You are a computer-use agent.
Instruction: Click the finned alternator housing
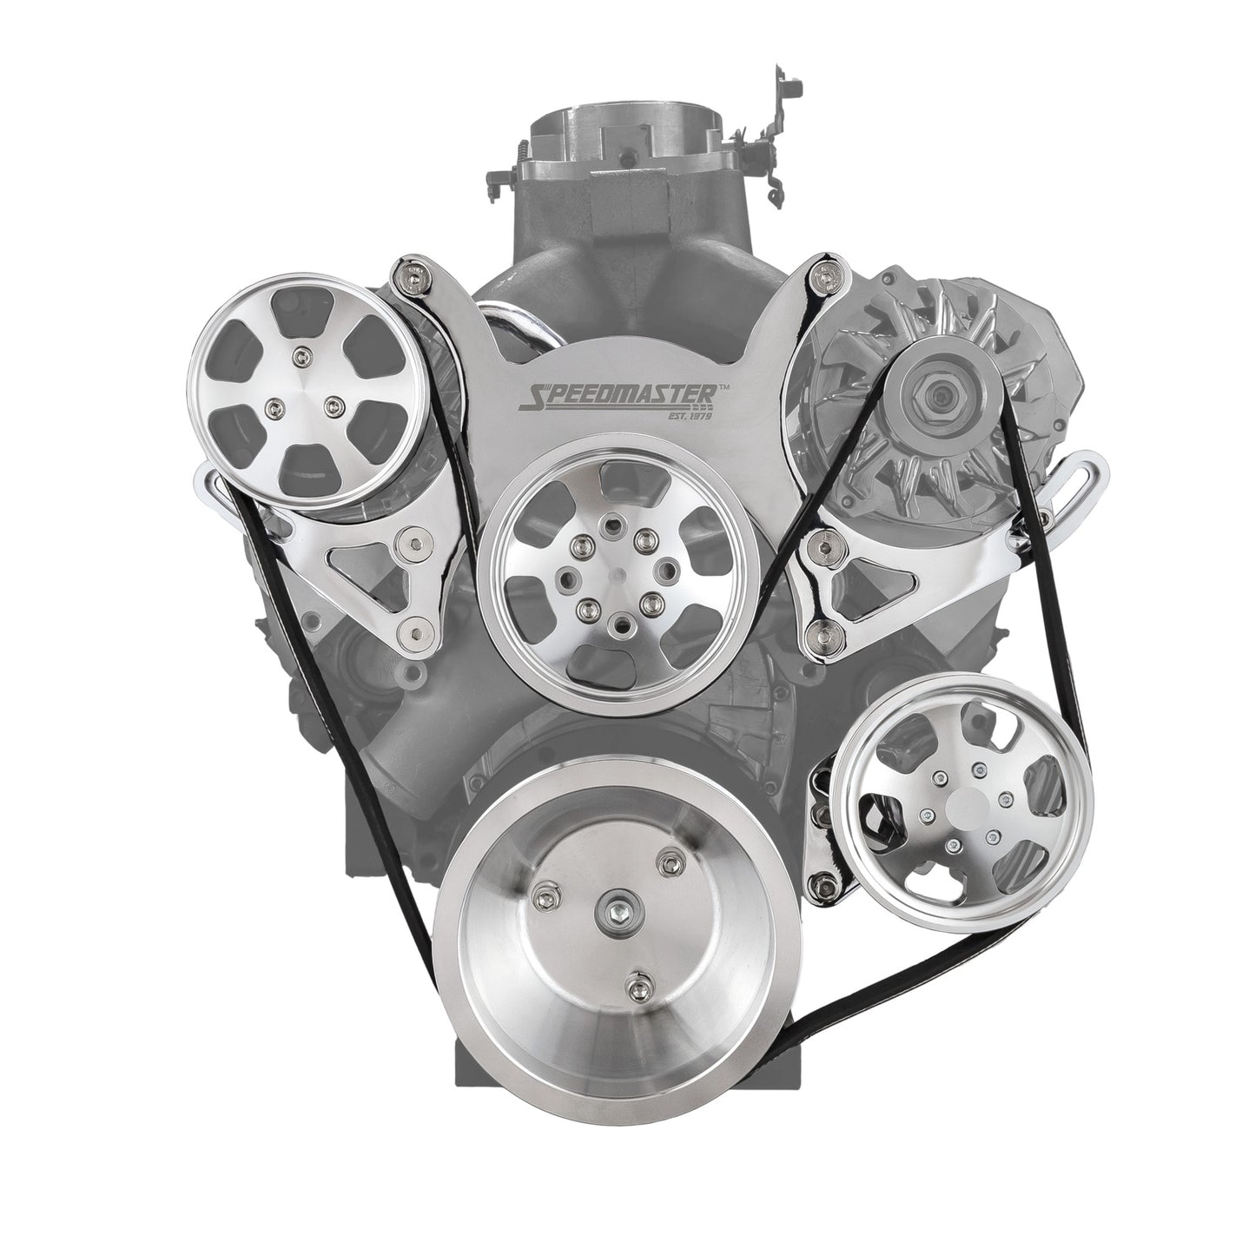tap(869, 382)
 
